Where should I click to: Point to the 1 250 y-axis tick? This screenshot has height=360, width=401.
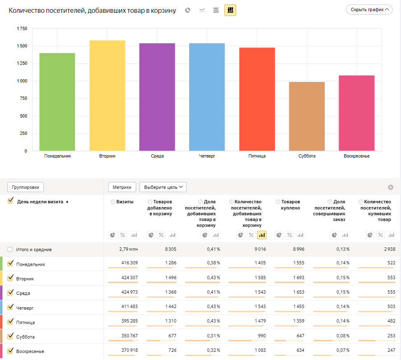point(22,64)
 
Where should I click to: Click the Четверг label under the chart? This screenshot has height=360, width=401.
point(207,156)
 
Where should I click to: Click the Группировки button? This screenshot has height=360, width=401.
point(26,187)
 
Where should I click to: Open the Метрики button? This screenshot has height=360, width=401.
point(122,187)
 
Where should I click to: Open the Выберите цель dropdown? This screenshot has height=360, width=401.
point(163,187)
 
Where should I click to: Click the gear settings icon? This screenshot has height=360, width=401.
point(391,187)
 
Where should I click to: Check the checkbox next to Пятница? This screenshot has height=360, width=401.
point(11,322)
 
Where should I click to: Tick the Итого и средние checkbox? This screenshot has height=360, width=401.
point(10,249)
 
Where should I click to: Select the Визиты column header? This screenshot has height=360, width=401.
point(125,202)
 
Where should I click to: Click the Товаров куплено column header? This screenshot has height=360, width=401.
point(291,205)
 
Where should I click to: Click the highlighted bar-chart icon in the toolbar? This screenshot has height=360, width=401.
point(230,10)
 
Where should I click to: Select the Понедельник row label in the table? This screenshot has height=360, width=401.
point(30,264)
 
